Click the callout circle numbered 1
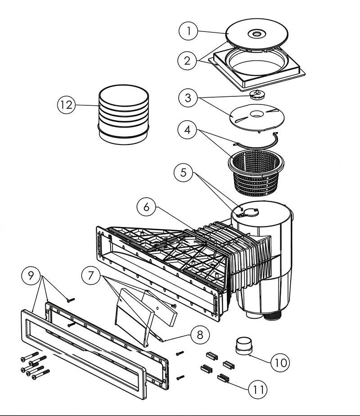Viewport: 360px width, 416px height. click(x=189, y=32)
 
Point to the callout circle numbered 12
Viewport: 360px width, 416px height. click(x=66, y=105)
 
